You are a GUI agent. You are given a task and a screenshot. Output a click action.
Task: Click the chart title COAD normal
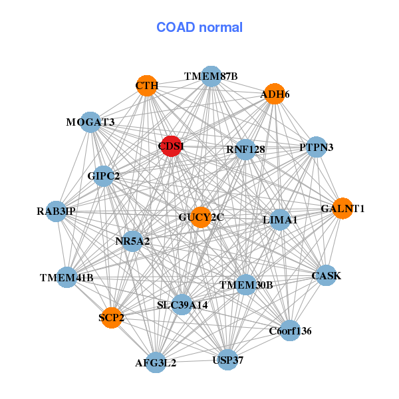tap(199, 27)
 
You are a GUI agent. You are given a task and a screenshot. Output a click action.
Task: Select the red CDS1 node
tap(172, 146)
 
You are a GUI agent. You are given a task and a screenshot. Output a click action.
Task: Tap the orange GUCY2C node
tap(201, 217)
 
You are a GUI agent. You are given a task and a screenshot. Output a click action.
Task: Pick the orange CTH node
tap(147, 86)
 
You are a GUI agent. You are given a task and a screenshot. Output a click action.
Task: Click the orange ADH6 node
tap(274, 94)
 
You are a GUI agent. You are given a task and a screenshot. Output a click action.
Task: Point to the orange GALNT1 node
tap(342, 209)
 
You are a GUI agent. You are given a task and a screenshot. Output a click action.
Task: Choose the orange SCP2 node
tap(112, 318)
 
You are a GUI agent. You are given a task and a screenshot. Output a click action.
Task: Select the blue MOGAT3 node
tap(91, 122)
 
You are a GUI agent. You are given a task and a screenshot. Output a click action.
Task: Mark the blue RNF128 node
tap(245, 150)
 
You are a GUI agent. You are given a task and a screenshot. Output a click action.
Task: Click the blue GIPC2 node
tap(104, 176)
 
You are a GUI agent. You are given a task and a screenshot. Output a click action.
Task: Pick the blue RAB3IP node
tap(57, 211)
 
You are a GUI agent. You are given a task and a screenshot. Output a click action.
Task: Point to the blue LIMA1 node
tap(280, 219)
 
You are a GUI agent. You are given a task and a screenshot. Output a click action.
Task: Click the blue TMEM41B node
tap(66, 277)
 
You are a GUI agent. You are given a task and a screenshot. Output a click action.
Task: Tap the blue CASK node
tap(326, 275)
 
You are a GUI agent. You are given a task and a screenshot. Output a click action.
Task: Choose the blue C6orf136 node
tap(290, 330)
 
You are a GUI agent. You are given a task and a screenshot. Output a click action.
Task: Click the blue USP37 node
tap(227, 360)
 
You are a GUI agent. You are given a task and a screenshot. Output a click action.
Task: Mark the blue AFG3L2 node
tap(156, 362)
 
